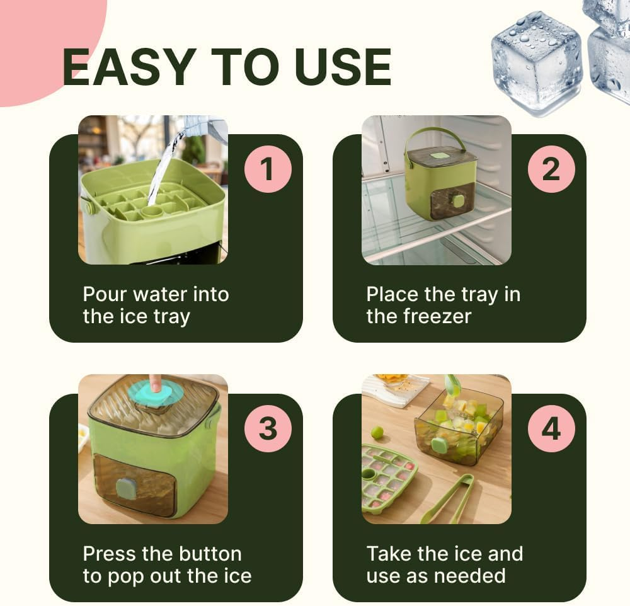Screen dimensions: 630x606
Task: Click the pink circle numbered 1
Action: [x=268, y=169]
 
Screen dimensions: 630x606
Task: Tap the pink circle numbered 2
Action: [x=551, y=169]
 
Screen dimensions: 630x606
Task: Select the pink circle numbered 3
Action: [x=268, y=428]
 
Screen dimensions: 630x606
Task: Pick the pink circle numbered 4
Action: [x=551, y=428]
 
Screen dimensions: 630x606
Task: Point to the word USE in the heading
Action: [x=343, y=67]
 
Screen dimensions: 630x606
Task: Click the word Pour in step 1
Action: [x=105, y=294]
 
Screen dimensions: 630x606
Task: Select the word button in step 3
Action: [x=210, y=554]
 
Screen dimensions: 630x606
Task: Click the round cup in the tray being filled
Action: [x=152, y=212]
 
